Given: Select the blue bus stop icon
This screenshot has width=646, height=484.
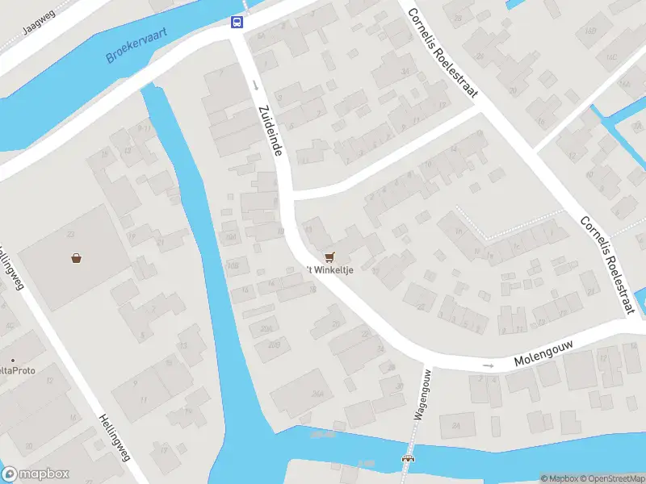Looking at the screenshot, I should (237, 22).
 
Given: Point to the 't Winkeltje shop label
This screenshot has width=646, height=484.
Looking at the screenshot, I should (329, 269).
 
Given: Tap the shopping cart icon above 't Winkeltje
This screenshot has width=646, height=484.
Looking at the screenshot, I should (329, 257).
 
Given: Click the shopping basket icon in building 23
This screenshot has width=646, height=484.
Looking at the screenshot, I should (76, 258).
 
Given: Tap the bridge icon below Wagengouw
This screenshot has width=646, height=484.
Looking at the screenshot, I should (408, 459).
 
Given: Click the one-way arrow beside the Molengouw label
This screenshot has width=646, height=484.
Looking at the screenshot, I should (488, 365).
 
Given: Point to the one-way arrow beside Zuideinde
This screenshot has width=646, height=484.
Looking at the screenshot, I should (254, 85).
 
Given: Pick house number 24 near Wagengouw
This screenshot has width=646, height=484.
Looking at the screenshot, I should (456, 425).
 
